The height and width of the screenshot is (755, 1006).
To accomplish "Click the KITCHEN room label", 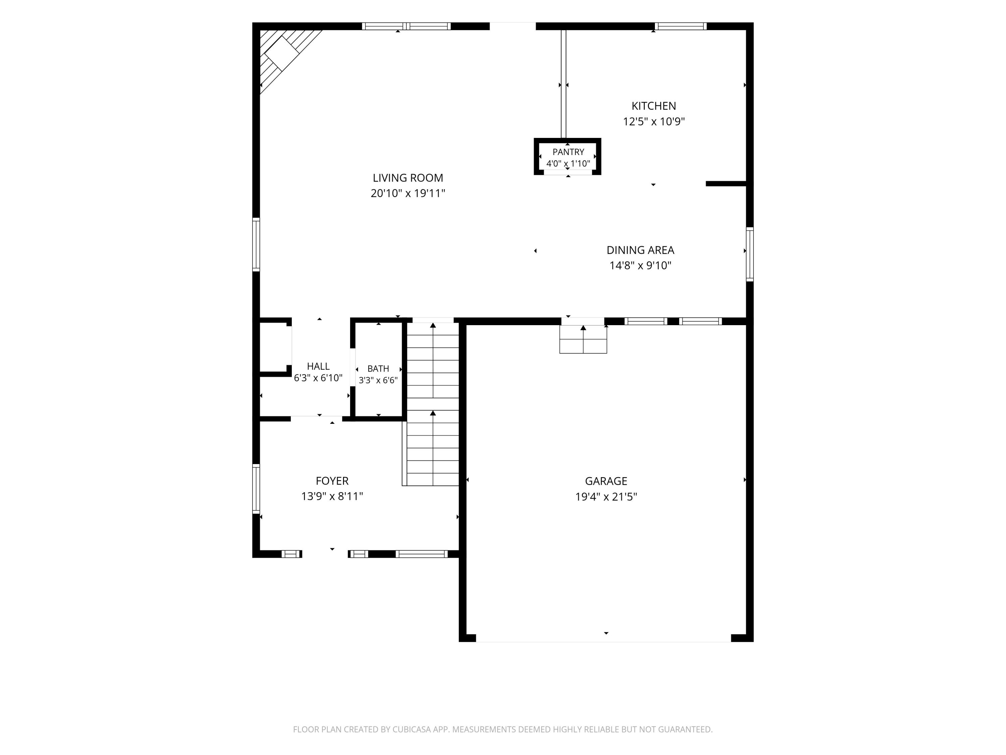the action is [x=654, y=106].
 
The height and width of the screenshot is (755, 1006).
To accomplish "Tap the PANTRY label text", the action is [x=568, y=152].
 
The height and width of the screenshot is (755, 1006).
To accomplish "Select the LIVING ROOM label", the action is [x=407, y=178].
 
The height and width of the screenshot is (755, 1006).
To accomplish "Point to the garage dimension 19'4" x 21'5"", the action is [x=606, y=497].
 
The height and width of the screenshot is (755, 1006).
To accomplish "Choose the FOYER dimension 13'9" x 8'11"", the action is [x=332, y=496].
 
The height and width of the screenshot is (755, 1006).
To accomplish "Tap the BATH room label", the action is [x=378, y=369].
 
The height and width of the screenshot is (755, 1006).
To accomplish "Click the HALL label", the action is [x=318, y=366].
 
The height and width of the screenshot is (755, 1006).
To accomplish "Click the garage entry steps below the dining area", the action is [x=583, y=339].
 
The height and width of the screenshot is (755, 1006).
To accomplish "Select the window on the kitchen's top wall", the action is [x=680, y=26].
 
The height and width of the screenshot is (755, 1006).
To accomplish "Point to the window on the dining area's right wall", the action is [x=749, y=254].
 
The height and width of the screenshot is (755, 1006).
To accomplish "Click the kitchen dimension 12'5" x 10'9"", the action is [x=654, y=121].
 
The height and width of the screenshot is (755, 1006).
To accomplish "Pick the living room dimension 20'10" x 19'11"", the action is [x=407, y=193].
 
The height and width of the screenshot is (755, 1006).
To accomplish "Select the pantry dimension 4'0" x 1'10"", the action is [x=568, y=163].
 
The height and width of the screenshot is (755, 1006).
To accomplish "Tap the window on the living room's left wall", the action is [x=256, y=245].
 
